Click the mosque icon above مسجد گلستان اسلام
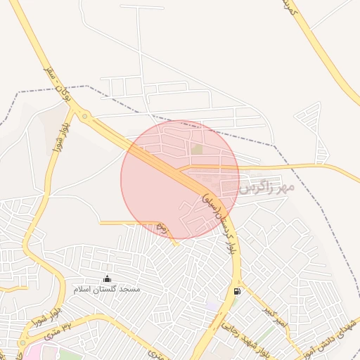coord(107,279)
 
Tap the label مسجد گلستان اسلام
coord(107,289)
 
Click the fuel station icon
coord(236,292)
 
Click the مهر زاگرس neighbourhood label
coord(264,188)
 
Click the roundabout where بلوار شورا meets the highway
coord(84,117)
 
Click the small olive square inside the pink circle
coord(198,149)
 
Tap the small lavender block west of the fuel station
coord(212,307)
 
